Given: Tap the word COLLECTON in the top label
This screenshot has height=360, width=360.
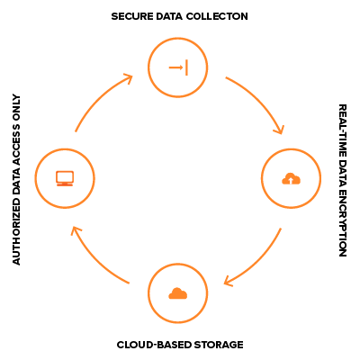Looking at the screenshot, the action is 217,16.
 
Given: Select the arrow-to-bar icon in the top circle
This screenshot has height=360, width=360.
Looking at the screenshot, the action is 178,67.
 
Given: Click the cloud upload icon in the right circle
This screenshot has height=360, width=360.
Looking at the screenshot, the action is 291,178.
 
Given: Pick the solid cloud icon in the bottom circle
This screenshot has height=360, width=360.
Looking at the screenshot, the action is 178,293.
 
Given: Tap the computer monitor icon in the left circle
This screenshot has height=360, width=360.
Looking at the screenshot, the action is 65,178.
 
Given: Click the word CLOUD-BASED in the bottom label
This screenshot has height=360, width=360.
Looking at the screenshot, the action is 154,345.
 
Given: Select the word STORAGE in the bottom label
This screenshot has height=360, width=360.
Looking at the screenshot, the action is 219,345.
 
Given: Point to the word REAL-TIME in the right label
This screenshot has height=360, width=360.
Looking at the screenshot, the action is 343,130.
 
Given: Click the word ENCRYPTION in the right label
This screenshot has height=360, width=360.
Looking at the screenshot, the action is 343,222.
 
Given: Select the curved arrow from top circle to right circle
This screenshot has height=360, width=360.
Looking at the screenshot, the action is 260,100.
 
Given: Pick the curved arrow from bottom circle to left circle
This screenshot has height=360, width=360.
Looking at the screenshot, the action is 94,258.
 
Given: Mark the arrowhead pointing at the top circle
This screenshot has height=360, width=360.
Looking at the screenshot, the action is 129,78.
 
